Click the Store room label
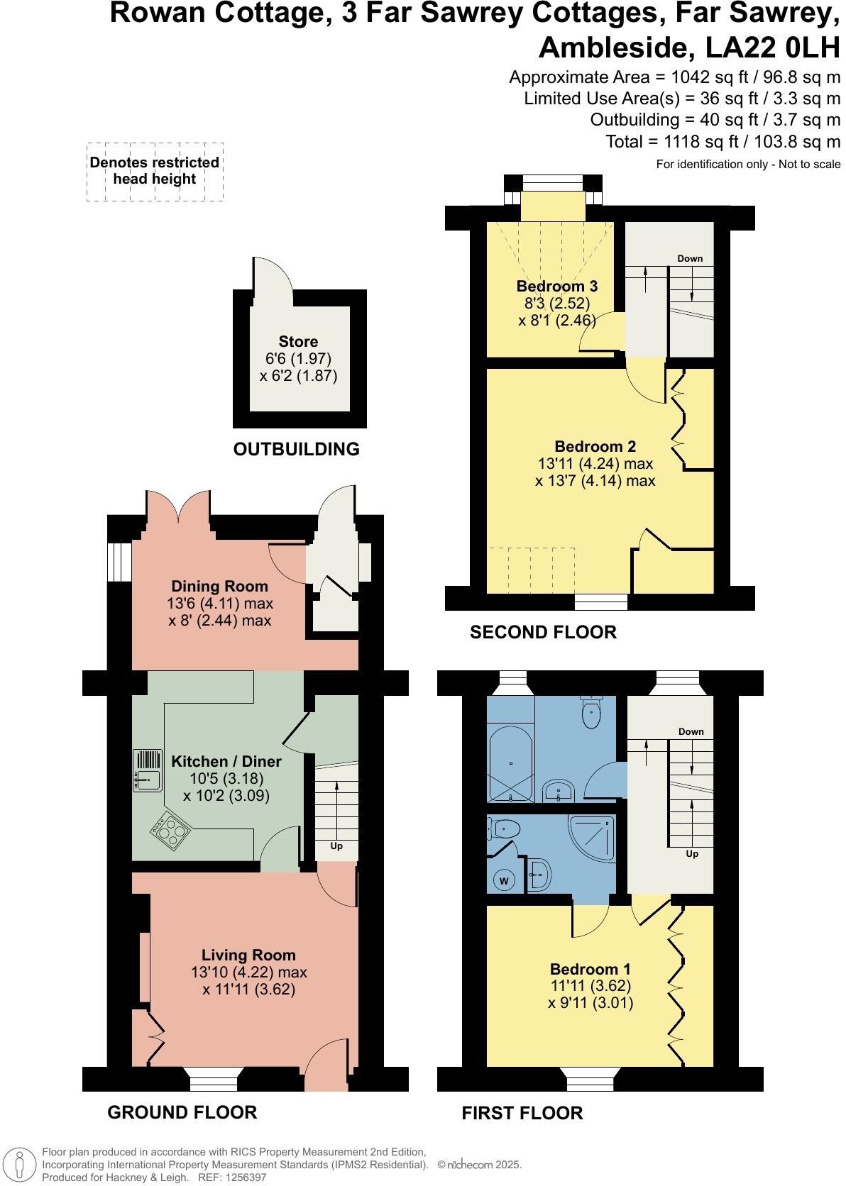tap(298, 342)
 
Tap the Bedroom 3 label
tap(556, 287)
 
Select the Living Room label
tap(248, 955)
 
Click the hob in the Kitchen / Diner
tap(170, 831)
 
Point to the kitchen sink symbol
tap(148, 771)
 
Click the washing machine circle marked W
tap(504, 881)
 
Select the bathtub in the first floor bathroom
tap(510, 764)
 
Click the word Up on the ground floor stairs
tap(336, 846)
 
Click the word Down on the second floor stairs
tap(690, 259)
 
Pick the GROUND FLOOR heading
tap(182, 1112)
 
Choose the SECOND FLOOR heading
tap(543, 632)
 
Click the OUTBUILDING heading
tap(297, 449)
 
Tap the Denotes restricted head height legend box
tap(155, 171)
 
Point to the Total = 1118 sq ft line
tap(723, 142)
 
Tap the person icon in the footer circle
tap(20, 1165)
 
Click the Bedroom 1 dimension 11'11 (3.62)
tap(590, 986)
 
